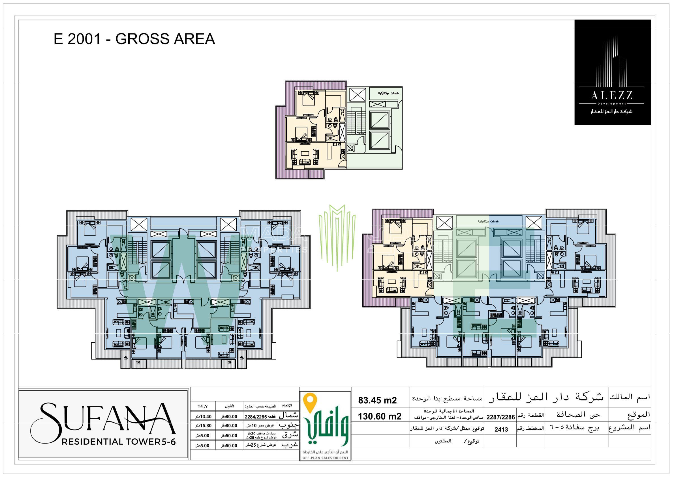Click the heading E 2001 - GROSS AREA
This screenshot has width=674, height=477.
134,39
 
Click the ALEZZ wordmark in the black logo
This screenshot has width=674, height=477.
611,96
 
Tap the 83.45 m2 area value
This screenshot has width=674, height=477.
377,400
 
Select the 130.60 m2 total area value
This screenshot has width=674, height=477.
379,416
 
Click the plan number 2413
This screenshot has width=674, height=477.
501,429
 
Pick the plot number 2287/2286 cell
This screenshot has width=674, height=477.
500,417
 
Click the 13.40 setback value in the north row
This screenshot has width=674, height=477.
204,416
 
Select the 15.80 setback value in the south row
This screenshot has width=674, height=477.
204,426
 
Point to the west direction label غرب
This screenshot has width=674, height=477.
290,445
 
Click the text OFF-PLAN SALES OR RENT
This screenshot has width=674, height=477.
325,458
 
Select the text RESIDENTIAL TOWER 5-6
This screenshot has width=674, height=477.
119,442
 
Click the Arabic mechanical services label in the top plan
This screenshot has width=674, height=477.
388,93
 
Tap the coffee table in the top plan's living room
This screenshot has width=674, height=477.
305,153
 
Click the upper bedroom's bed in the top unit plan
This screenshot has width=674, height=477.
309,99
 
